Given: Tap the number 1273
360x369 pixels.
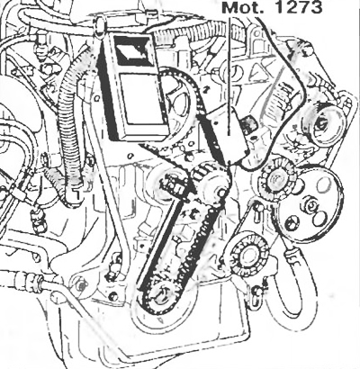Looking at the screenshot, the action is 299,7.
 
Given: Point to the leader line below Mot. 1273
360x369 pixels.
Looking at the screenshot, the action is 229,76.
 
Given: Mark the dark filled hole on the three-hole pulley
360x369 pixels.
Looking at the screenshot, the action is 291,222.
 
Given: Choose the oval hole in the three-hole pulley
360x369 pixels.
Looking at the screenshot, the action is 324,184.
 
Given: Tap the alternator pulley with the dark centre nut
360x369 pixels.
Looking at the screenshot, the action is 322,125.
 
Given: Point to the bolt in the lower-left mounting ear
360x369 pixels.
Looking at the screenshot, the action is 79,285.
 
